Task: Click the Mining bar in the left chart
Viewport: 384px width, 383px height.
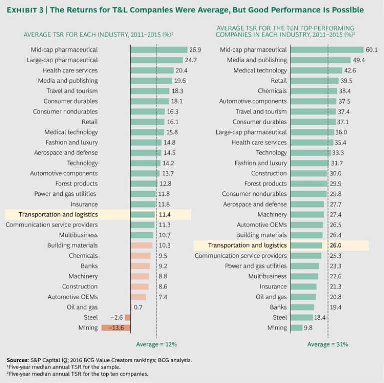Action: tap(116, 328)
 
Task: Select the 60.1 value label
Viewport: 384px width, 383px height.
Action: tap(372, 50)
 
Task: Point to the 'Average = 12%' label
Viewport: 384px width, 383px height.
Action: tap(156, 344)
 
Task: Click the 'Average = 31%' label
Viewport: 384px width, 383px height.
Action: tap(328, 344)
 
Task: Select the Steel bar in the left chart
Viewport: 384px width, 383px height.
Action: tap(128, 317)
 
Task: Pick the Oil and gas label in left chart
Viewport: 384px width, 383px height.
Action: tap(82, 307)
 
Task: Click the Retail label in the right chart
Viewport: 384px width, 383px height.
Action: tap(279, 81)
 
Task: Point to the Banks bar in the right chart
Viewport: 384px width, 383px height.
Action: tap(302, 307)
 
